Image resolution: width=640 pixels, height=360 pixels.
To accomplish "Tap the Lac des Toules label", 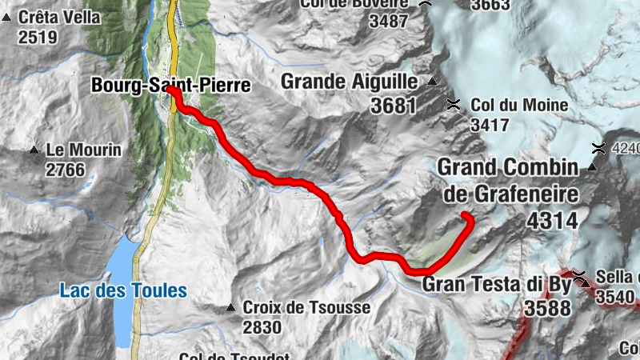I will pos(123,291).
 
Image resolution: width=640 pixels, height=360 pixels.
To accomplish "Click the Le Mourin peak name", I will pos(83,150).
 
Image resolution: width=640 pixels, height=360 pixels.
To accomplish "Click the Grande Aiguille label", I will pos(349,82).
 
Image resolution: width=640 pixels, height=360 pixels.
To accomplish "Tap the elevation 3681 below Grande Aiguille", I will pos(394,106).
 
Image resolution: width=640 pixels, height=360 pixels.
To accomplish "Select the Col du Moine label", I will pos(518,105).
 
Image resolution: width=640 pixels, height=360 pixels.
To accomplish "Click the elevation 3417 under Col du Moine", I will pos(490,125).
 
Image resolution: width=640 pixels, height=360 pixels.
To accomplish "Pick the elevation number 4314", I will pos(552,220).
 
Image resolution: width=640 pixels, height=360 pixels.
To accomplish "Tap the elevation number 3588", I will pos(547,308).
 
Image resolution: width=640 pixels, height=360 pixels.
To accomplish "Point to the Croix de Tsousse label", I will pos(306,307).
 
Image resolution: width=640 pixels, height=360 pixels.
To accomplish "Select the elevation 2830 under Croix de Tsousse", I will pos(262,327).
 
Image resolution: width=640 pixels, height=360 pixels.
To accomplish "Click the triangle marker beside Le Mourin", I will pos(34,150).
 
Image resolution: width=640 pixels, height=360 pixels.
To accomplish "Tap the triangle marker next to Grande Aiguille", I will pos(433,82).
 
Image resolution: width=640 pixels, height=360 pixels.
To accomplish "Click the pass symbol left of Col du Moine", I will pos(454,105).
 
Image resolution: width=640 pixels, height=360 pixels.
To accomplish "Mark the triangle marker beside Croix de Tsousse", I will pos(231,307).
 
